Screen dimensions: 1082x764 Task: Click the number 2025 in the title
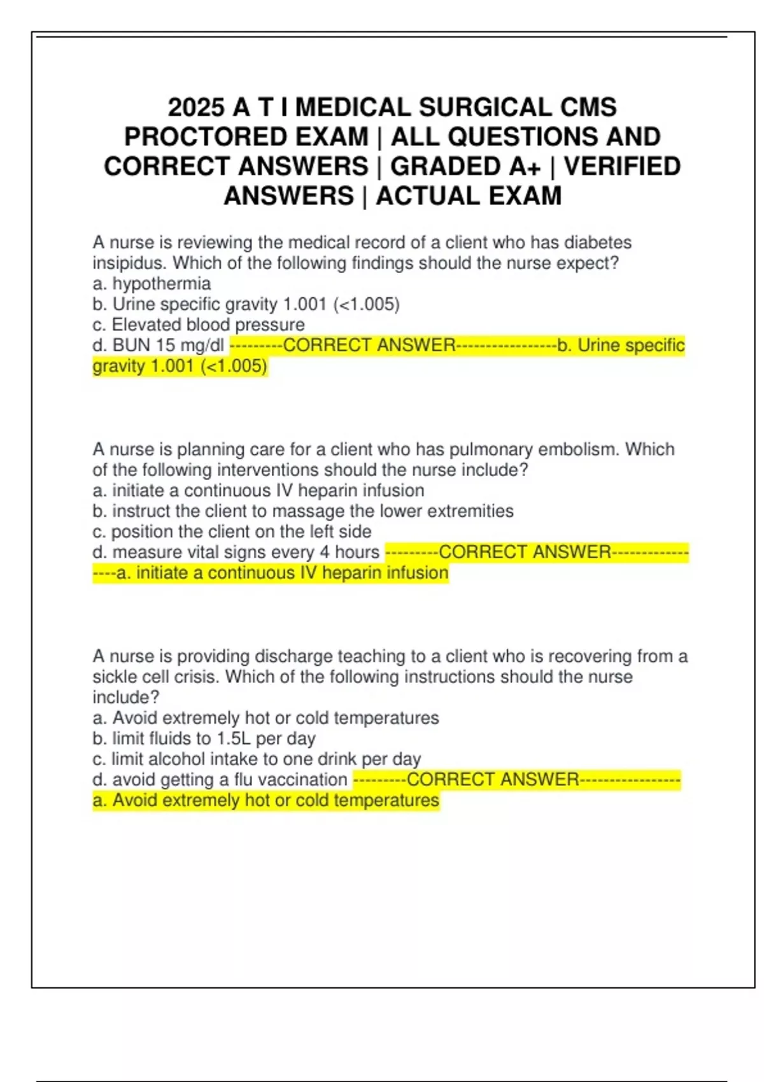tap(195, 107)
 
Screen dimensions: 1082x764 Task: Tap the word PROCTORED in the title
tap(246, 137)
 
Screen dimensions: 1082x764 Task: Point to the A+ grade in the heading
tap(525, 167)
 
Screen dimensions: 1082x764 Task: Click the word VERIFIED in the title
tap(622, 167)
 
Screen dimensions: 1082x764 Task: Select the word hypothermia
tap(162, 284)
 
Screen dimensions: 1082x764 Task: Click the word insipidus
tap(130, 263)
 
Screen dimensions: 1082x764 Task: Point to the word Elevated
tap(146, 325)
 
